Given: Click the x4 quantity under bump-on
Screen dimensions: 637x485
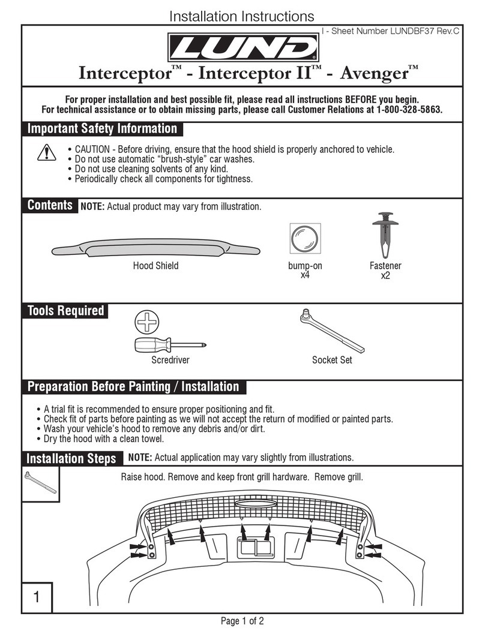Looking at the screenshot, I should click(305, 276).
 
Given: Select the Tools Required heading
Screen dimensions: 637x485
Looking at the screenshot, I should click(65, 311).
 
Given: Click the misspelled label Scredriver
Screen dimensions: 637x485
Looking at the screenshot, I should click(170, 360).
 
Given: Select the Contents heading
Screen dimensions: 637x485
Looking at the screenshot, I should click(49, 206).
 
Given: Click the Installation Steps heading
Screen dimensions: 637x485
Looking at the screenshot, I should click(71, 459).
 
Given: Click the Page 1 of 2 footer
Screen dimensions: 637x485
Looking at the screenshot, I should click(242, 621).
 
